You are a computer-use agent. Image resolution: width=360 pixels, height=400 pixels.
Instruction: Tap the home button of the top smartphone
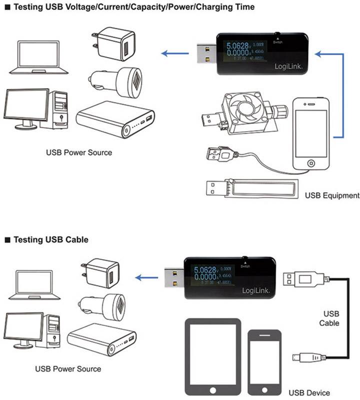click(311, 163)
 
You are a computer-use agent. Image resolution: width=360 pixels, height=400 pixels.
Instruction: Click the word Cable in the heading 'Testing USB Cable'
click(75, 240)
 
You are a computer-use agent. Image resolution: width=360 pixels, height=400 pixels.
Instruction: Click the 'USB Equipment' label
click(332, 195)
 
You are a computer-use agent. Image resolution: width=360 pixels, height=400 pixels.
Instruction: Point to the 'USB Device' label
click(305, 392)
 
